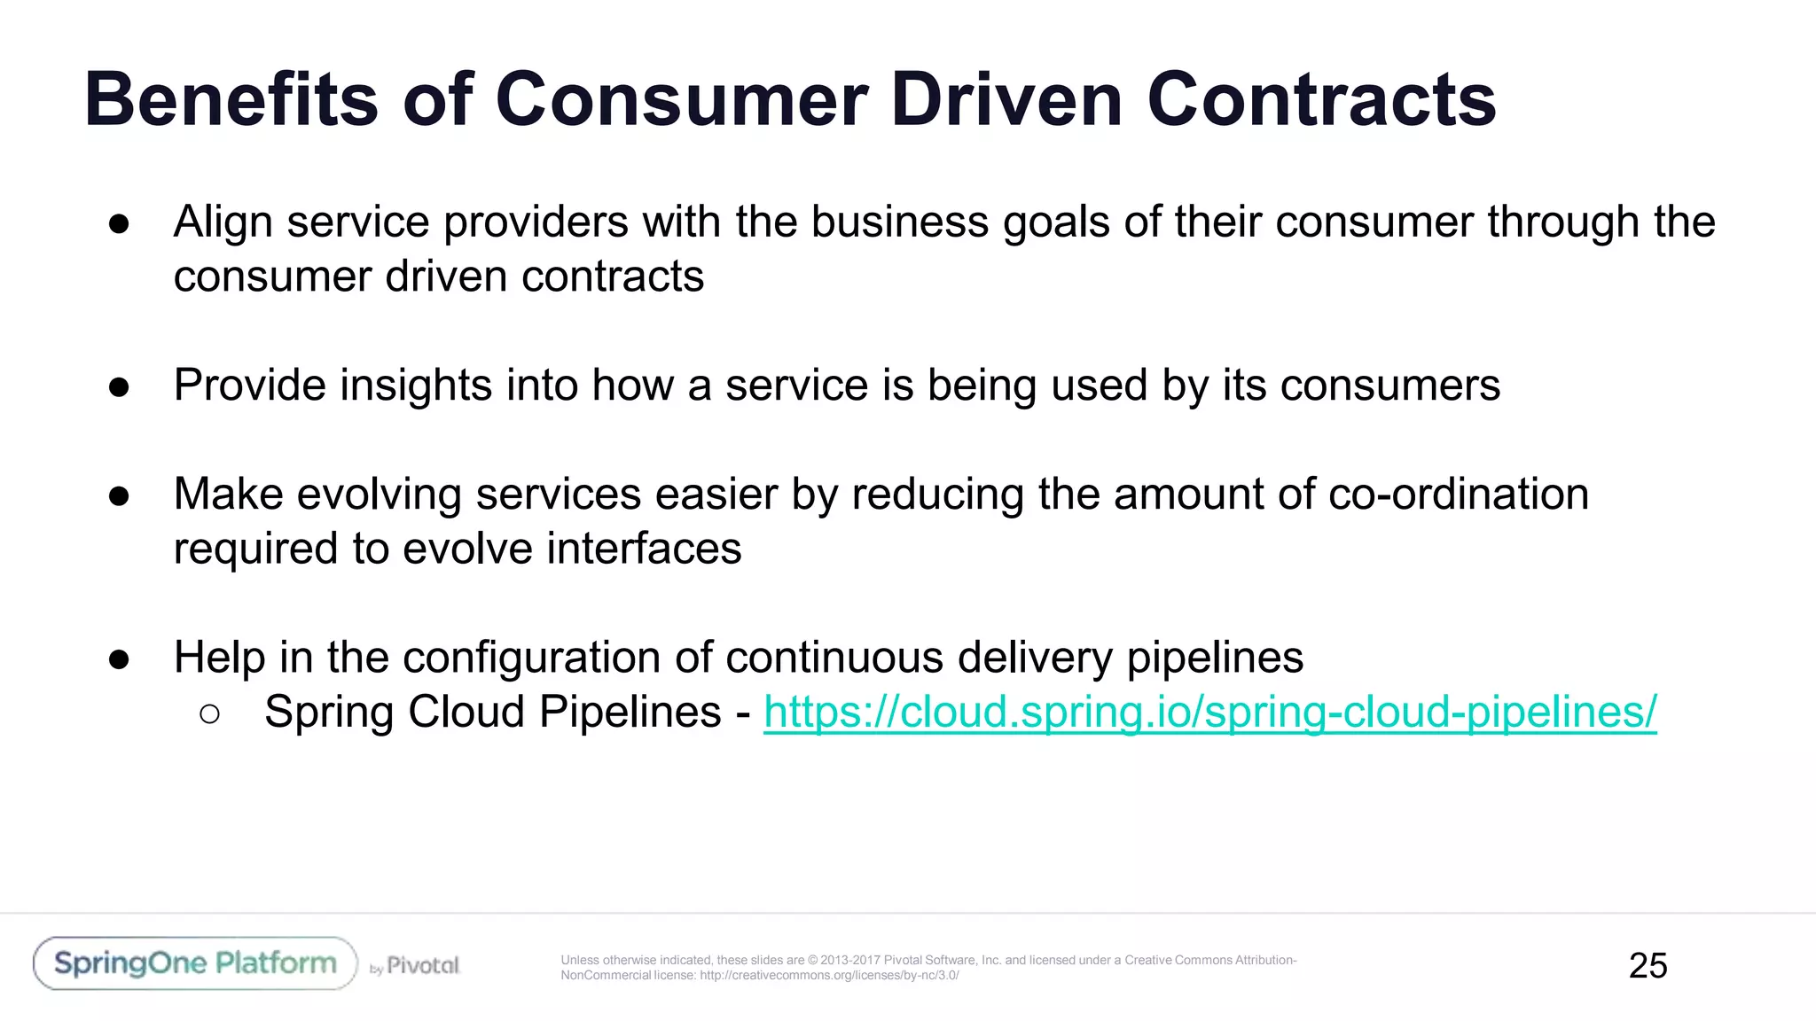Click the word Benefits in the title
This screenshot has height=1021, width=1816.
231,99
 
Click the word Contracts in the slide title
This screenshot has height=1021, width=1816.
1321,99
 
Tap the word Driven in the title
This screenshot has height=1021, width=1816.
1006,99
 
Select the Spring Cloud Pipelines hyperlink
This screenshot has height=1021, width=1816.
1209,712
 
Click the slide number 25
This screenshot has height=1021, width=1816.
1648,965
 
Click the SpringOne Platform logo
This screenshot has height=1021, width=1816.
195,963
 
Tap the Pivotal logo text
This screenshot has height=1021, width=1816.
423,965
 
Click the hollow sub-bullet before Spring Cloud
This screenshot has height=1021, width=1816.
209,714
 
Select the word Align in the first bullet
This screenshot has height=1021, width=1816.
223,222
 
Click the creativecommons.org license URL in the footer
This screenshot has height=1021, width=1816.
829,976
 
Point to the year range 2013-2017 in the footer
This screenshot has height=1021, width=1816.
850,960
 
